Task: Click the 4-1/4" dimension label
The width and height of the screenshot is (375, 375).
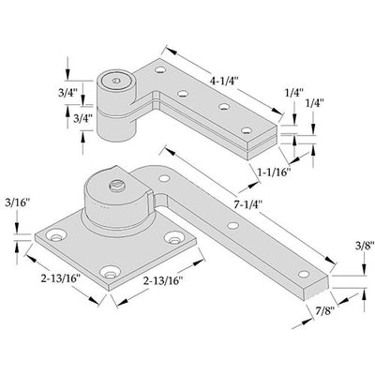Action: tap(224, 82)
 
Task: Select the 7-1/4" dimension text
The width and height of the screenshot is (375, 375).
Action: tap(247, 204)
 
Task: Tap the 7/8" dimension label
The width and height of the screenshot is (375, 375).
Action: tap(322, 310)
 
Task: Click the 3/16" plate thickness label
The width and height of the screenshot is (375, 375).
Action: tap(17, 203)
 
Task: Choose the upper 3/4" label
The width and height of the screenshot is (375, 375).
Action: tap(67, 93)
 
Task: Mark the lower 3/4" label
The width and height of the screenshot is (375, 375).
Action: tap(82, 118)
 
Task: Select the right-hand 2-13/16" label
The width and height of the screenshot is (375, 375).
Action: tap(162, 281)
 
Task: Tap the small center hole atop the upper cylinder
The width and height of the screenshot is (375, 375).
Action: tap(116, 81)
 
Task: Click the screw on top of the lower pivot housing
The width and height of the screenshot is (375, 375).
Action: tap(117, 187)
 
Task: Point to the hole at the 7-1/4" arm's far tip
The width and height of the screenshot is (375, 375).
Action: tap(304, 274)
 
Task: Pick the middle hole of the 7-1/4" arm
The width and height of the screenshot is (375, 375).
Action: tap(232, 225)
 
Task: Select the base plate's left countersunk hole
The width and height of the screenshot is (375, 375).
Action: tap(56, 235)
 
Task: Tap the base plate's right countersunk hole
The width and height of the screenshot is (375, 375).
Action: tap(173, 238)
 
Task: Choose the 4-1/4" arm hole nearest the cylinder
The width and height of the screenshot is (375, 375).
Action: tap(160, 69)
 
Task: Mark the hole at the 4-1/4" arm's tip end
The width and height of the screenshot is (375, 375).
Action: tap(247, 130)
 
